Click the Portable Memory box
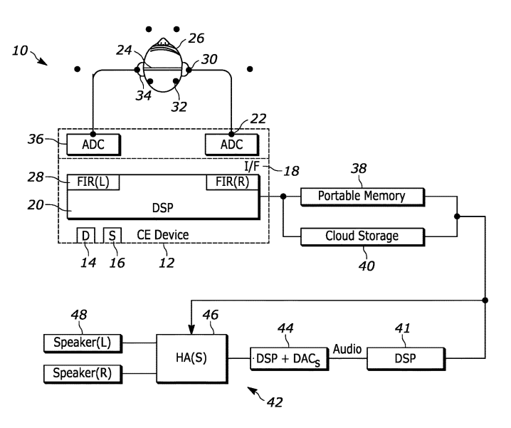point(362,196)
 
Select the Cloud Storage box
point(362,236)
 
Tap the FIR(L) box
point(93,182)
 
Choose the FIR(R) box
point(233,182)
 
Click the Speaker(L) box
point(83,343)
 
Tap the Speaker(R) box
point(83,372)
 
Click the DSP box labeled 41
point(401,359)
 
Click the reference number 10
point(21,51)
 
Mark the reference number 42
point(275,402)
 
